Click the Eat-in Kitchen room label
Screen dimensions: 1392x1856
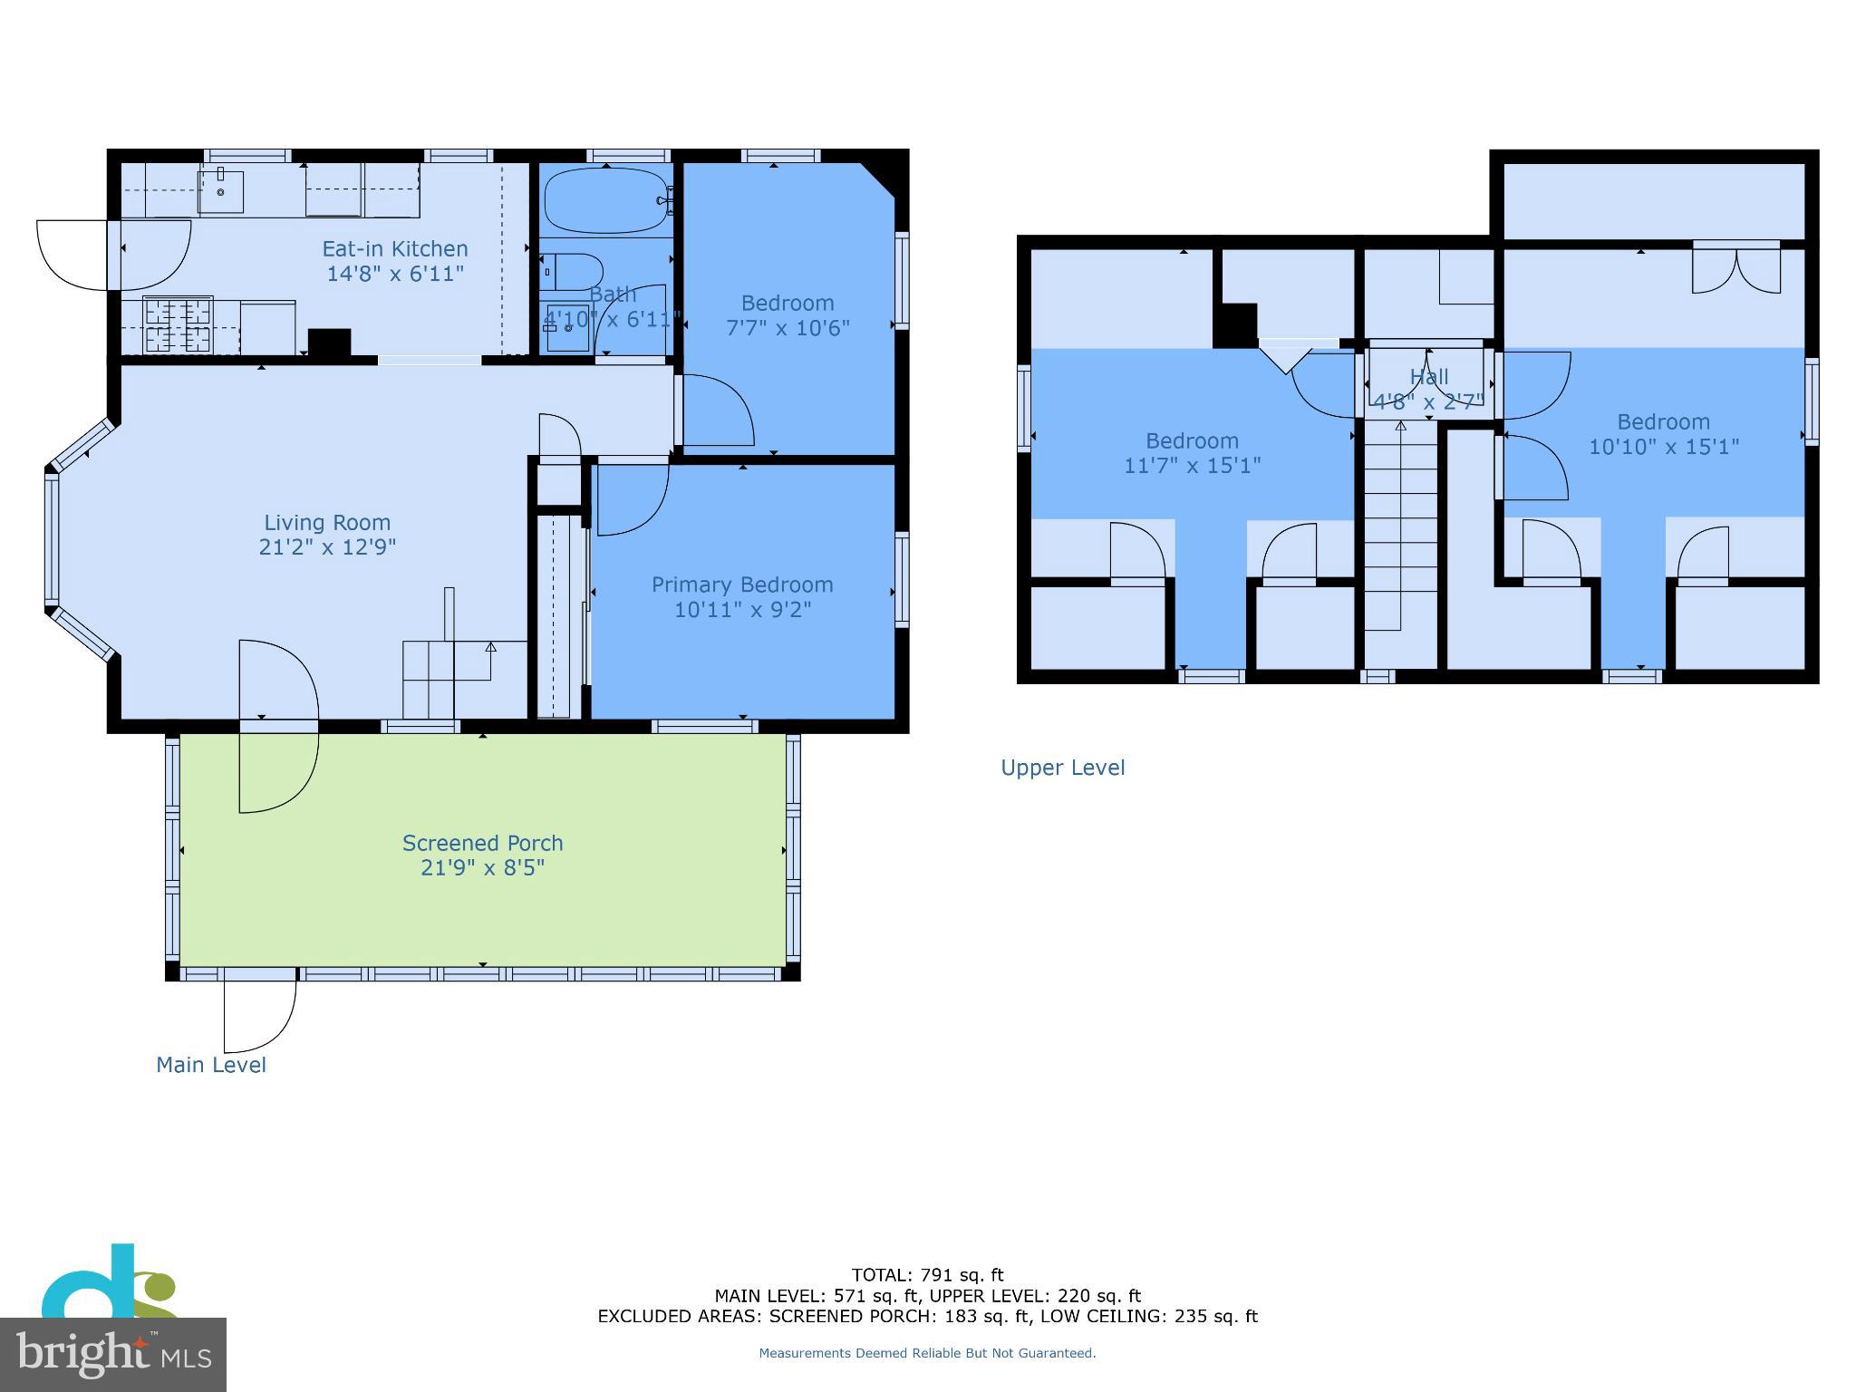(x=395, y=249)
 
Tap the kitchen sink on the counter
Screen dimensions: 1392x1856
(x=221, y=191)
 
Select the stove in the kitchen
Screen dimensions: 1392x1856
(x=179, y=325)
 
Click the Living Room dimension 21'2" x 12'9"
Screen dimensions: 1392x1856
(x=327, y=547)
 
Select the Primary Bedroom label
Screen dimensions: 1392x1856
(x=742, y=585)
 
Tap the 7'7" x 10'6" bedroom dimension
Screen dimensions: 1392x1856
(x=788, y=328)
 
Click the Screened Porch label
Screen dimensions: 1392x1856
(x=482, y=843)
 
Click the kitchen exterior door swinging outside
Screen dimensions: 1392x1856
(x=72, y=255)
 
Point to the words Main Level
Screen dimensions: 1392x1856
(x=211, y=1065)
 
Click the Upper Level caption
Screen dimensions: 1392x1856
(x=1062, y=768)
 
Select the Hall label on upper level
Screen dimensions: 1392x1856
(x=1429, y=376)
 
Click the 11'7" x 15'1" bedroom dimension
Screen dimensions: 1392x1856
(x=1192, y=466)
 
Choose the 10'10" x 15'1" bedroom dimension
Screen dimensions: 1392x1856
(x=1663, y=447)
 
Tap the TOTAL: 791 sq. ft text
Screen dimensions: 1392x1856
(x=927, y=1275)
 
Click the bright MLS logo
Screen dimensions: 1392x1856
(x=113, y=1354)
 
